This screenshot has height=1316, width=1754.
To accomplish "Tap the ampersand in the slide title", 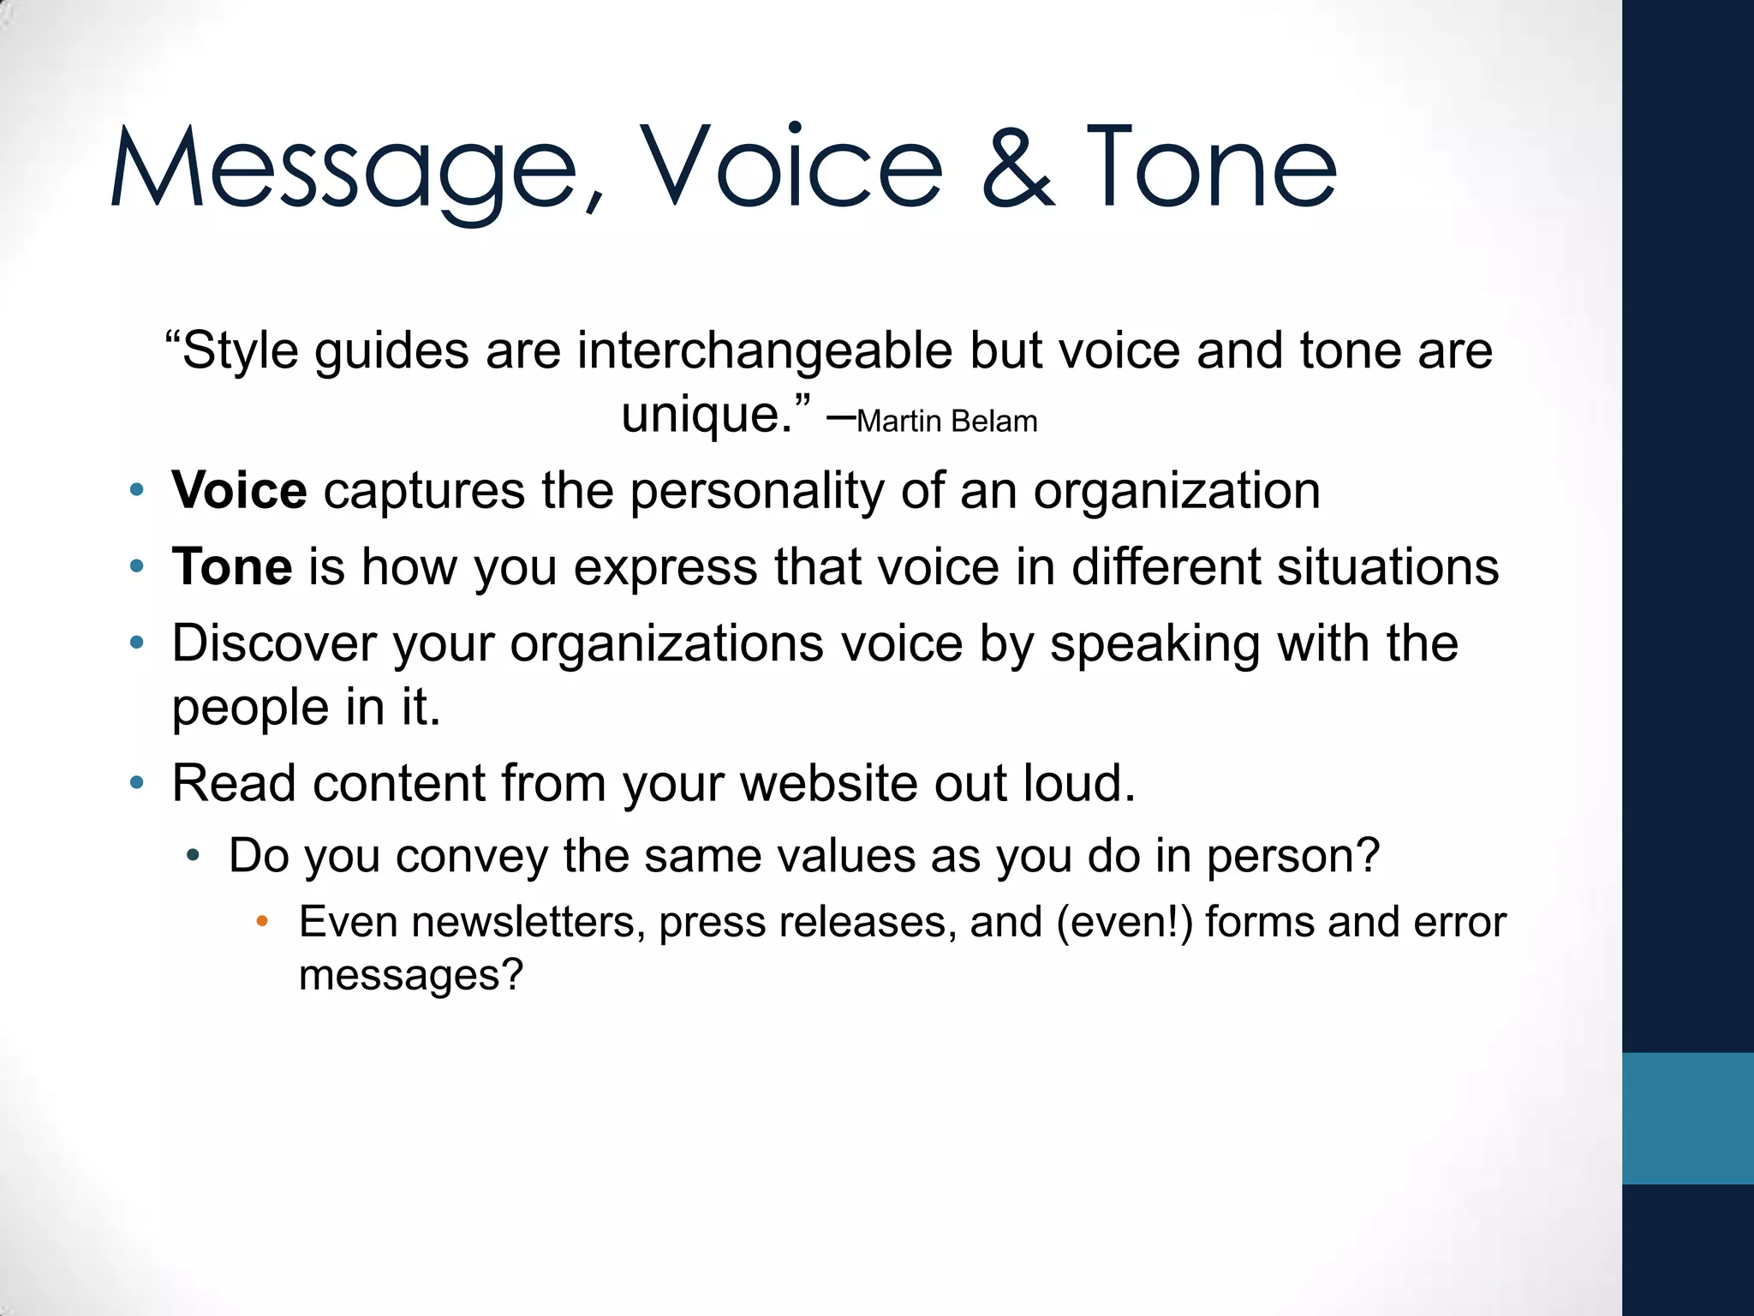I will click(x=1017, y=168).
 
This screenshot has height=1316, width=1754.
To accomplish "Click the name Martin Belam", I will click(x=946, y=422).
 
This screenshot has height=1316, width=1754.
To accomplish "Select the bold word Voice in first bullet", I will click(x=239, y=491).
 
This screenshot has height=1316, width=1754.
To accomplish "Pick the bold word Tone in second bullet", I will click(x=232, y=567).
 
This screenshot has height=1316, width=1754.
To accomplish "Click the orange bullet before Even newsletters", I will click(x=262, y=923).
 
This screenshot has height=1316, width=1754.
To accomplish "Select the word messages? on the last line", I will click(x=410, y=976).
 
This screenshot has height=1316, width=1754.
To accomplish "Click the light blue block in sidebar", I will click(x=1687, y=1118).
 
